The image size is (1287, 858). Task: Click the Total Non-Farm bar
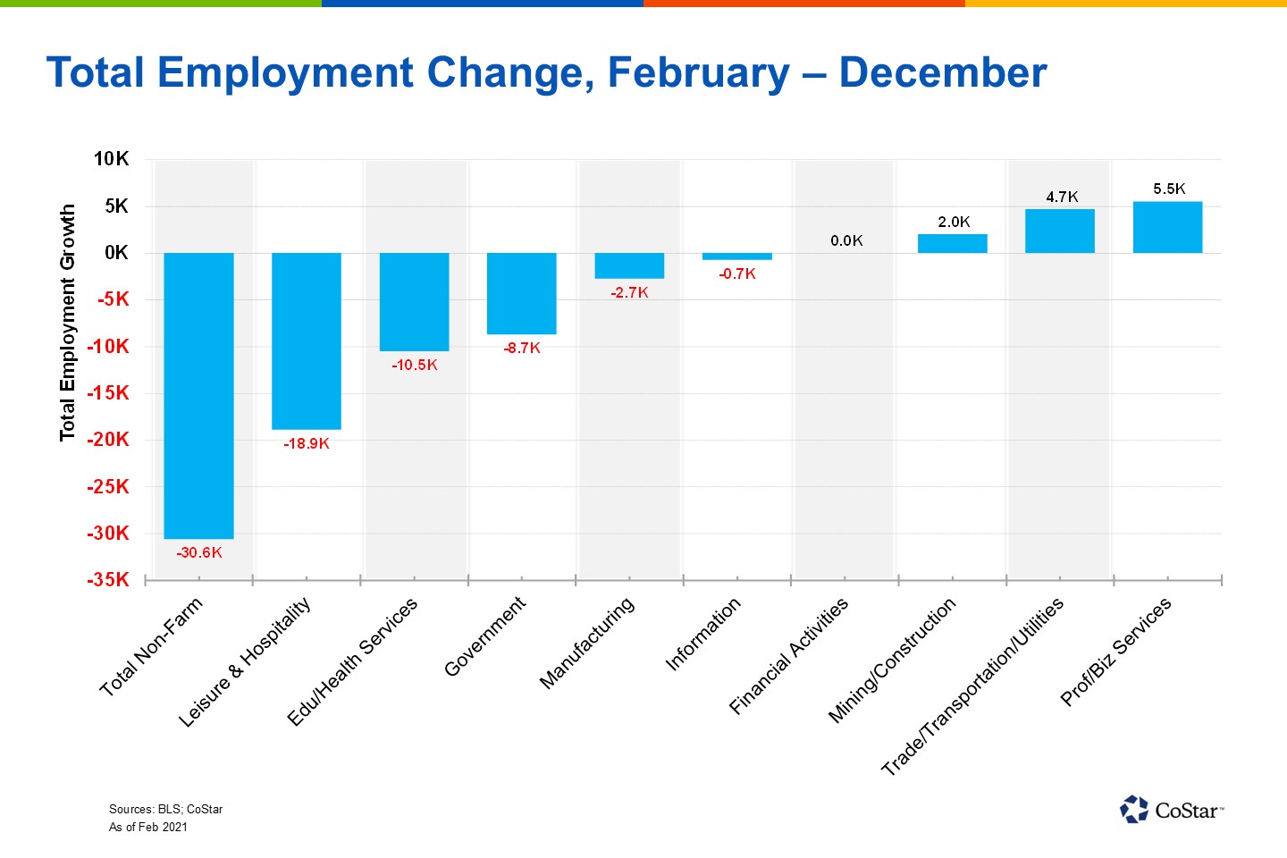pos(198,395)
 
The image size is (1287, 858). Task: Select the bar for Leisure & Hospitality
pos(307,341)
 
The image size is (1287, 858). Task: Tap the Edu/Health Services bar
pos(414,302)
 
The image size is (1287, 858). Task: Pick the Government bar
pos(521,293)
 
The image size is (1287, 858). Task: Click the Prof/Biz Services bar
pos(1167,227)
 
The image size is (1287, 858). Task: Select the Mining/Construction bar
pos(952,243)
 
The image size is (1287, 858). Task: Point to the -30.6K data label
pos(199,553)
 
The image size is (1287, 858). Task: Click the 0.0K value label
pos(846,240)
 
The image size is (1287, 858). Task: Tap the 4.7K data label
pos(1062,197)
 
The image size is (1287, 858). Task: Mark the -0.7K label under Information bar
pos(737,274)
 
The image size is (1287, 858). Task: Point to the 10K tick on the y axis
pos(112,159)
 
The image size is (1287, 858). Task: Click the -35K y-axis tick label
pos(108,579)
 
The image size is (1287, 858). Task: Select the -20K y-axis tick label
pos(108,440)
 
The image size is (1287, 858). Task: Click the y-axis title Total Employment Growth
pos(68,323)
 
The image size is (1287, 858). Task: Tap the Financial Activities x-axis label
pos(788,657)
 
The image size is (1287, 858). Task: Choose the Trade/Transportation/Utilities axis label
pos(972,686)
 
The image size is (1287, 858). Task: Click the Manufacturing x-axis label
pos(587,643)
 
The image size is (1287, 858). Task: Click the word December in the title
pos(942,73)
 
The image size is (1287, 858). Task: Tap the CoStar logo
pos(1171,810)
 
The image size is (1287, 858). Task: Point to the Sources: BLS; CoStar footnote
pos(165,809)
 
